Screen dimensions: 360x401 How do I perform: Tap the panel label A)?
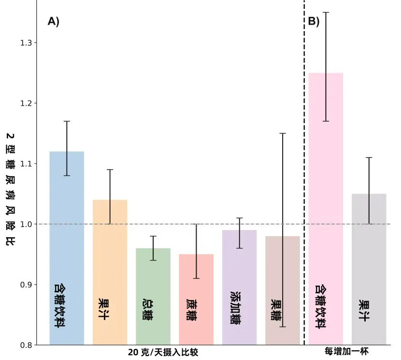(53, 21)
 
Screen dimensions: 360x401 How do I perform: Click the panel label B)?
(314, 21)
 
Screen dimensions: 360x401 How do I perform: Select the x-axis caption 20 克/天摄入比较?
(163, 352)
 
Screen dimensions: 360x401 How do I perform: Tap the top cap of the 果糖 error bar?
(283, 133)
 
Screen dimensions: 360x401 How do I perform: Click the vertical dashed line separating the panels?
(304, 145)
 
